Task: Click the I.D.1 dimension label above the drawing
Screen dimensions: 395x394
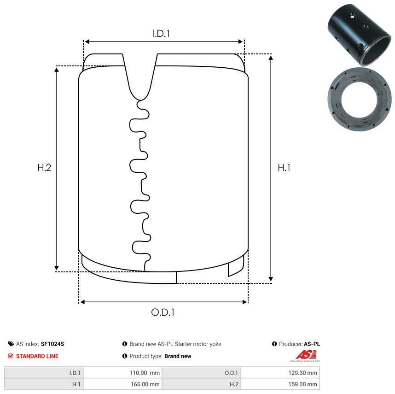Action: click(161, 34)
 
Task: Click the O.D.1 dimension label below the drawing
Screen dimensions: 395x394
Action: click(163, 312)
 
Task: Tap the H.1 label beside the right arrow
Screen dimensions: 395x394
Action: click(284, 168)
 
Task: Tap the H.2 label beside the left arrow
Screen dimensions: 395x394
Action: click(44, 168)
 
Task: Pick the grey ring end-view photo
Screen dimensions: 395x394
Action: click(360, 99)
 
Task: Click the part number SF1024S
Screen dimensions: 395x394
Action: click(52, 344)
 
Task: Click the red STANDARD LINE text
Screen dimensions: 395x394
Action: click(37, 356)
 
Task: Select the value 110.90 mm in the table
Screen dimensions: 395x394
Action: click(145, 373)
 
